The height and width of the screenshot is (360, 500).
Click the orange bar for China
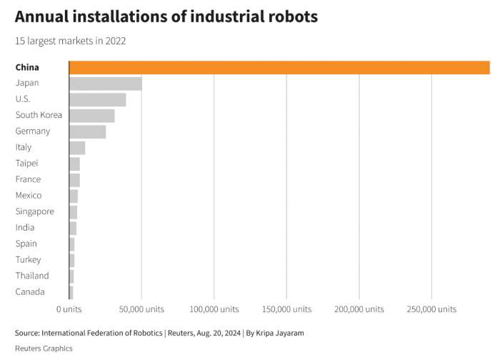click(x=279, y=67)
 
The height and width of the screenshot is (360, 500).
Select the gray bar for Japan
click(x=105, y=84)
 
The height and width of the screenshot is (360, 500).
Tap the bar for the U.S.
click(x=97, y=99)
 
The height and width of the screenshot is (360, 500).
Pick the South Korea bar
click(x=91, y=116)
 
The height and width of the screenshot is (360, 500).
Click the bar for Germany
click(x=87, y=131)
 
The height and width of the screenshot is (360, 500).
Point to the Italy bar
click(x=77, y=148)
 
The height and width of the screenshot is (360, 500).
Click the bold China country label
click(x=27, y=67)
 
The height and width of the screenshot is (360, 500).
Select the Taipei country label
click(x=28, y=164)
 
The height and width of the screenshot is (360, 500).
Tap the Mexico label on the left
click(x=29, y=196)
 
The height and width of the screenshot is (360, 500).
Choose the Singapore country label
click(x=34, y=211)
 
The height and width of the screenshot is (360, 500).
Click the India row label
click(x=26, y=228)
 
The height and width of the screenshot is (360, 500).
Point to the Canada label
click(x=30, y=292)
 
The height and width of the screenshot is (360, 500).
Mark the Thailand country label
click(x=32, y=276)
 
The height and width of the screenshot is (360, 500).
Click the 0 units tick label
click(x=69, y=309)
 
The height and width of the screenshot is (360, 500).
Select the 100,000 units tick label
click(x=214, y=309)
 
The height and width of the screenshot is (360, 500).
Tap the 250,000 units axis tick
click(x=431, y=309)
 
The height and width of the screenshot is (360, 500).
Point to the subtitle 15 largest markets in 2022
click(x=71, y=41)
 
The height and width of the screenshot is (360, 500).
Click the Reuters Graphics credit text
click(x=44, y=349)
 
